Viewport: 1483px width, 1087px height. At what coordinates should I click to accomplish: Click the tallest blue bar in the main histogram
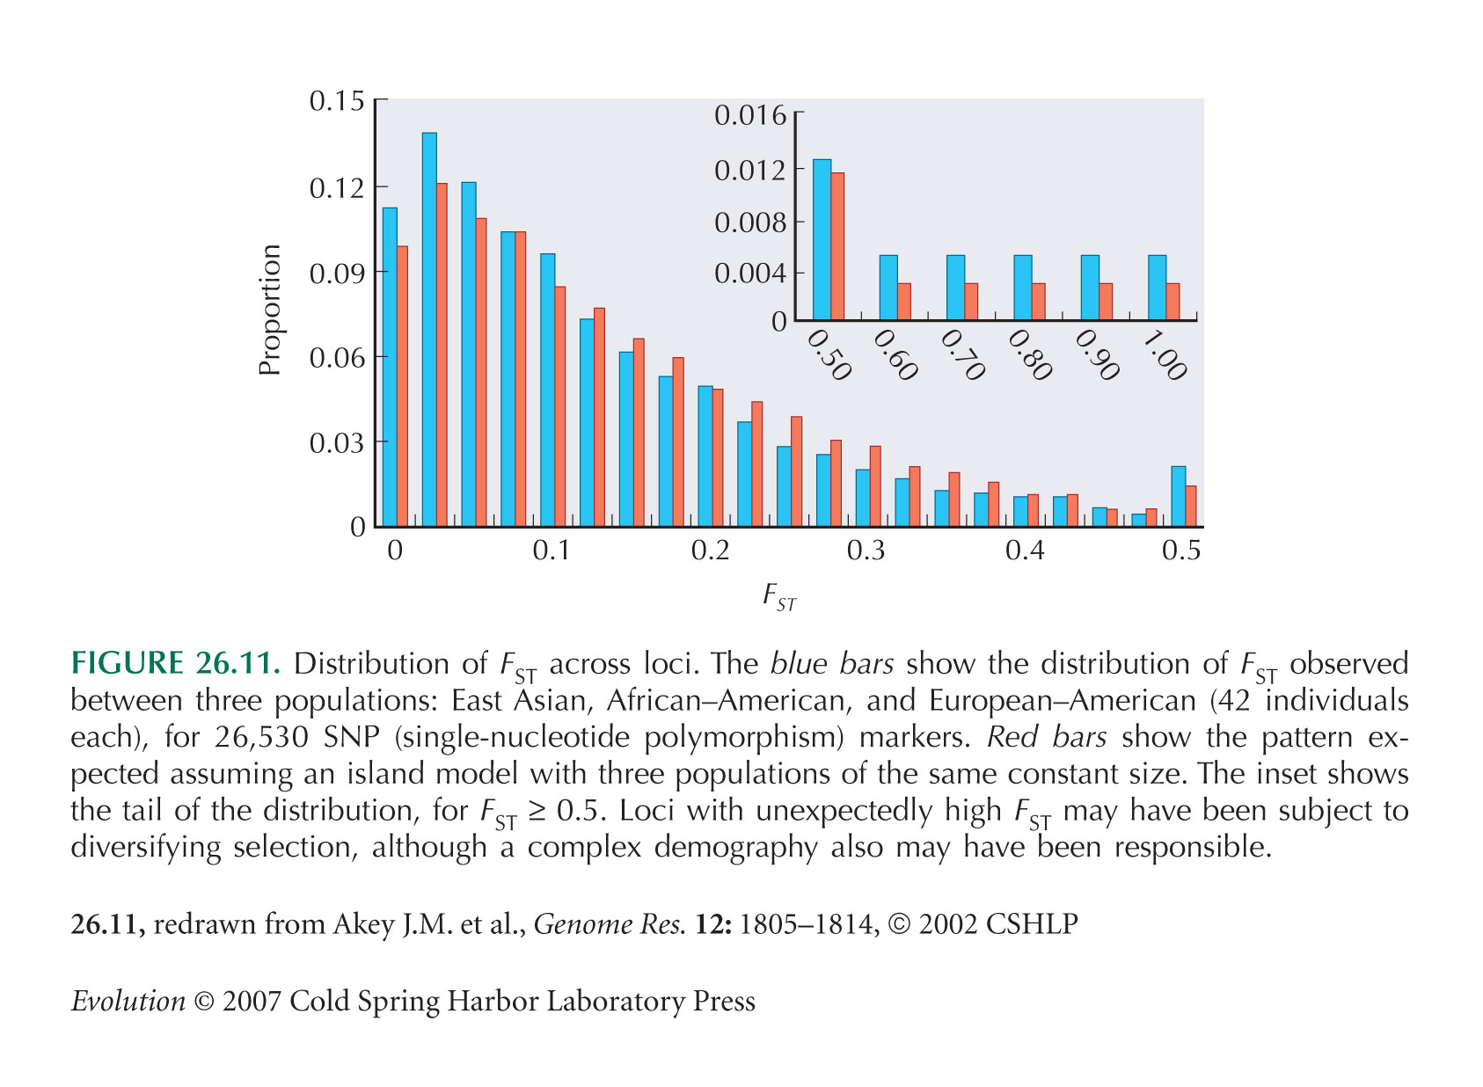pyautogui.click(x=429, y=330)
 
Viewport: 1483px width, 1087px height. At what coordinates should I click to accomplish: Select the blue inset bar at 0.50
pyautogui.click(x=822, y=239)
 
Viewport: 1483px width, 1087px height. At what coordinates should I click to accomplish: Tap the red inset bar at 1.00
pyautogui.click(x=1173, y=302)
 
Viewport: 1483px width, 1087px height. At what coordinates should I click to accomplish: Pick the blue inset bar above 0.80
pyautogui.click(x=1023, y=288)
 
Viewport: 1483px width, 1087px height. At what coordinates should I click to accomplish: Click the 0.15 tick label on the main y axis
pyautogui.click(x=337, y=100)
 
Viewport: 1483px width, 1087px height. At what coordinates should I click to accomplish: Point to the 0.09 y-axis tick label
pyautogui.click(x=337, y=272)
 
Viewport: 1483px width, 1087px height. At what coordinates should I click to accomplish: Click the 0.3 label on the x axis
pyautogui.click(x=866, y=551)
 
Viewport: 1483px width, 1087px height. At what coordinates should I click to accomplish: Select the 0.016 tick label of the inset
pyautogui.click(x=750, y=115)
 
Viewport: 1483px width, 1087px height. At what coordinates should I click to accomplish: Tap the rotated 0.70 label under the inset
pyautogui.click(x=962, y=355)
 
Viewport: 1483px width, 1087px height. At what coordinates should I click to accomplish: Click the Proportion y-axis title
pyautogui.click(x=269, y=310)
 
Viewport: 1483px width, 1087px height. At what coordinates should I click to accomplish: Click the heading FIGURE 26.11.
pyautogui.click(x=175, y=663)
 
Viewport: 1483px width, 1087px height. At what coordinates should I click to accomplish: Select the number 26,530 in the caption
pyautogui.click(x=261, y=737)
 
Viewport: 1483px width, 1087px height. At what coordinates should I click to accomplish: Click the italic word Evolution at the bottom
pyautogui.click(x=128, y=1001)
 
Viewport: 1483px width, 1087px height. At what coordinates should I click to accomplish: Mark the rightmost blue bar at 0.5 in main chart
pyautogui.click(x=1179, y=497)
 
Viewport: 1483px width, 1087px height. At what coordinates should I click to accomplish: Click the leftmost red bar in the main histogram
pyautogui.click(x=402, y=387)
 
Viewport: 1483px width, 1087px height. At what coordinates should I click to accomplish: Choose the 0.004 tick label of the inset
pyautogui.click(x=750, y=273)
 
